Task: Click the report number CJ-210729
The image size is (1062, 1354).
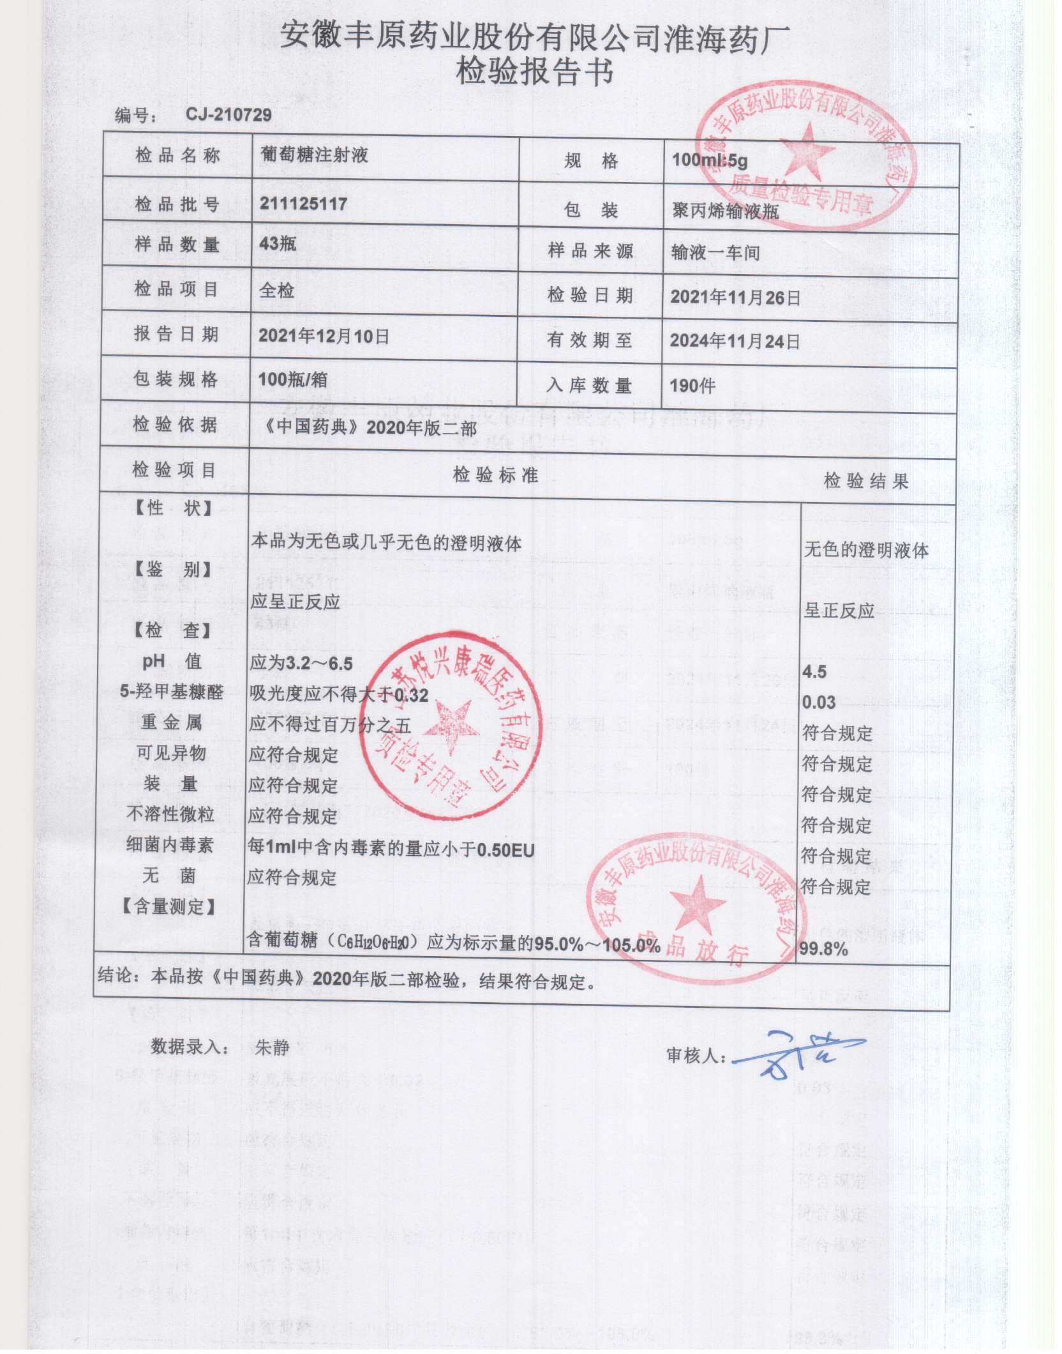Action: [228, 114]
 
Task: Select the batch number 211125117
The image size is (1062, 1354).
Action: [303, 204]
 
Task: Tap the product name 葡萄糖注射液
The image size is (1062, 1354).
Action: [315, 155]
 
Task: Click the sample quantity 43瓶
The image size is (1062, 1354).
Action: [278, 243]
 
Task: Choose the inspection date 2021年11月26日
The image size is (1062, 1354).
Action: [735, 297]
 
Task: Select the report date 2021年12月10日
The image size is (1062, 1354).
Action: [324, 336]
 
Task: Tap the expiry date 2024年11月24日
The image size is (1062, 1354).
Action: [735, 341]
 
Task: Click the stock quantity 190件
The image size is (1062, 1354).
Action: [692, 385]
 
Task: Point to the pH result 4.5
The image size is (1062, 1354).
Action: [814, 672]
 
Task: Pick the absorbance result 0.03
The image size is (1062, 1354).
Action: [819, 703]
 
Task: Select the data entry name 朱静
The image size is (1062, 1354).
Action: [272, 1047]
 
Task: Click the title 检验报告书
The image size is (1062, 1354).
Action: [535, 72]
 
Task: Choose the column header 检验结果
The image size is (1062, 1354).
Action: [865, 481]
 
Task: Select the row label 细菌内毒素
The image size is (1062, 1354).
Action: [170, 845]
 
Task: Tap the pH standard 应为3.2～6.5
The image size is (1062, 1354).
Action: [301, 663]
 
